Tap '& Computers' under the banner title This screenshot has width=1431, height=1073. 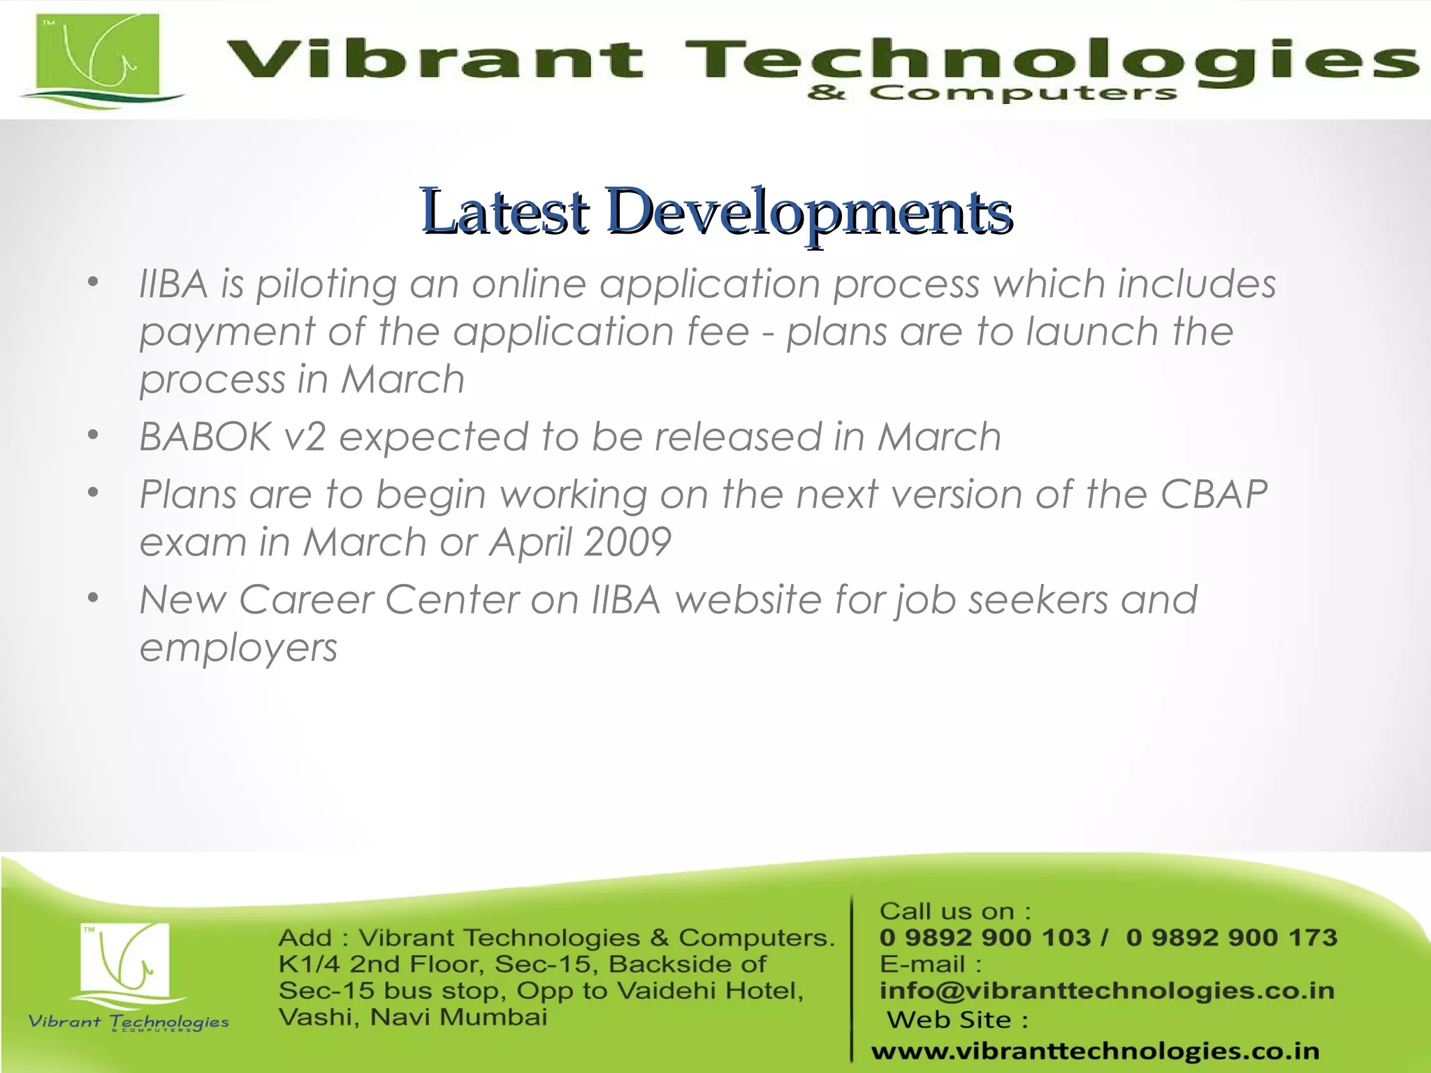(x=992, y=93)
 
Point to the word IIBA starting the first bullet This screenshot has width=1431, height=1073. (x=173, y=284)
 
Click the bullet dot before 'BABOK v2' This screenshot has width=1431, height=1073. (x=93, y=436)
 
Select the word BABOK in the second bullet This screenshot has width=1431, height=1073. (x=205, y=437)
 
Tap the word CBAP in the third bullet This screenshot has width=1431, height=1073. (x=1214, y=495)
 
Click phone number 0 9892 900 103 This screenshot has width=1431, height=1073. (x=985, y=937)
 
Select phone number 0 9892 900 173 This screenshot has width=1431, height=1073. (x=1231, y=937)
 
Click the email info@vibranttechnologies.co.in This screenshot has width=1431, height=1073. (x=1107, y=991)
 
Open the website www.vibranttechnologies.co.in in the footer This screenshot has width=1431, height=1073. (x=1095, y=1051)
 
